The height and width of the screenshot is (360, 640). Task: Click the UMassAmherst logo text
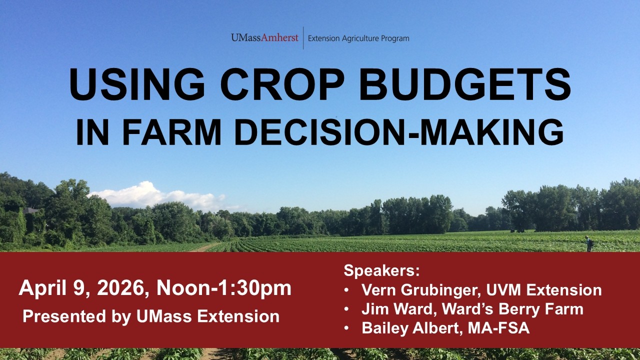(x=264, y=38)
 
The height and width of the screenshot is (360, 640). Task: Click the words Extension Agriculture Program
(x=358, y=38)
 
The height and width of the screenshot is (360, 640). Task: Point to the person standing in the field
(x=589, y=243)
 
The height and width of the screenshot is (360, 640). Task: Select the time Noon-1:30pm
(x=224, y=289)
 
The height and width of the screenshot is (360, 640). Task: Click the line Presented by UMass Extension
(x=151, y=316)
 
